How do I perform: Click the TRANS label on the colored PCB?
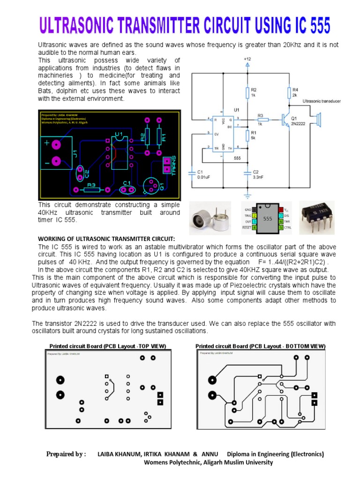coord(173,165)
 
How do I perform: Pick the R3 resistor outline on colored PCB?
coord(91,190)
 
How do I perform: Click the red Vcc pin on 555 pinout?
coord(281,209)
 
